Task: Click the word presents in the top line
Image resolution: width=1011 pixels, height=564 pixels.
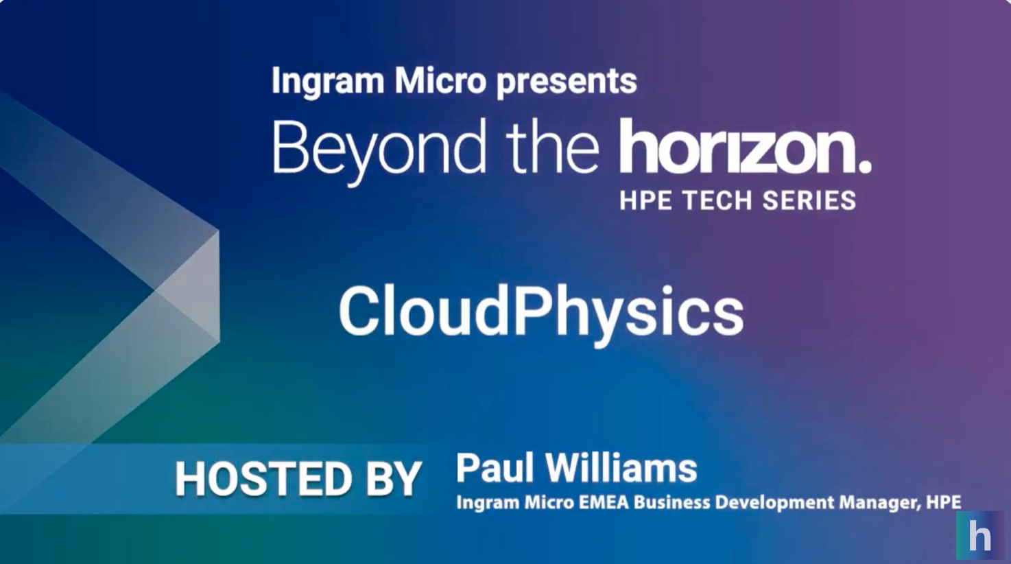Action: [x=567, y=82]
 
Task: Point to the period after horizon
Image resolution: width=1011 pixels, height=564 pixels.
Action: [x=864, y=166]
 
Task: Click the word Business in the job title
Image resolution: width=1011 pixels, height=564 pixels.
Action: [x=671, y=502]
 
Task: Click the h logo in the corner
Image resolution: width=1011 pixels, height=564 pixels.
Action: [x=980, y=536]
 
